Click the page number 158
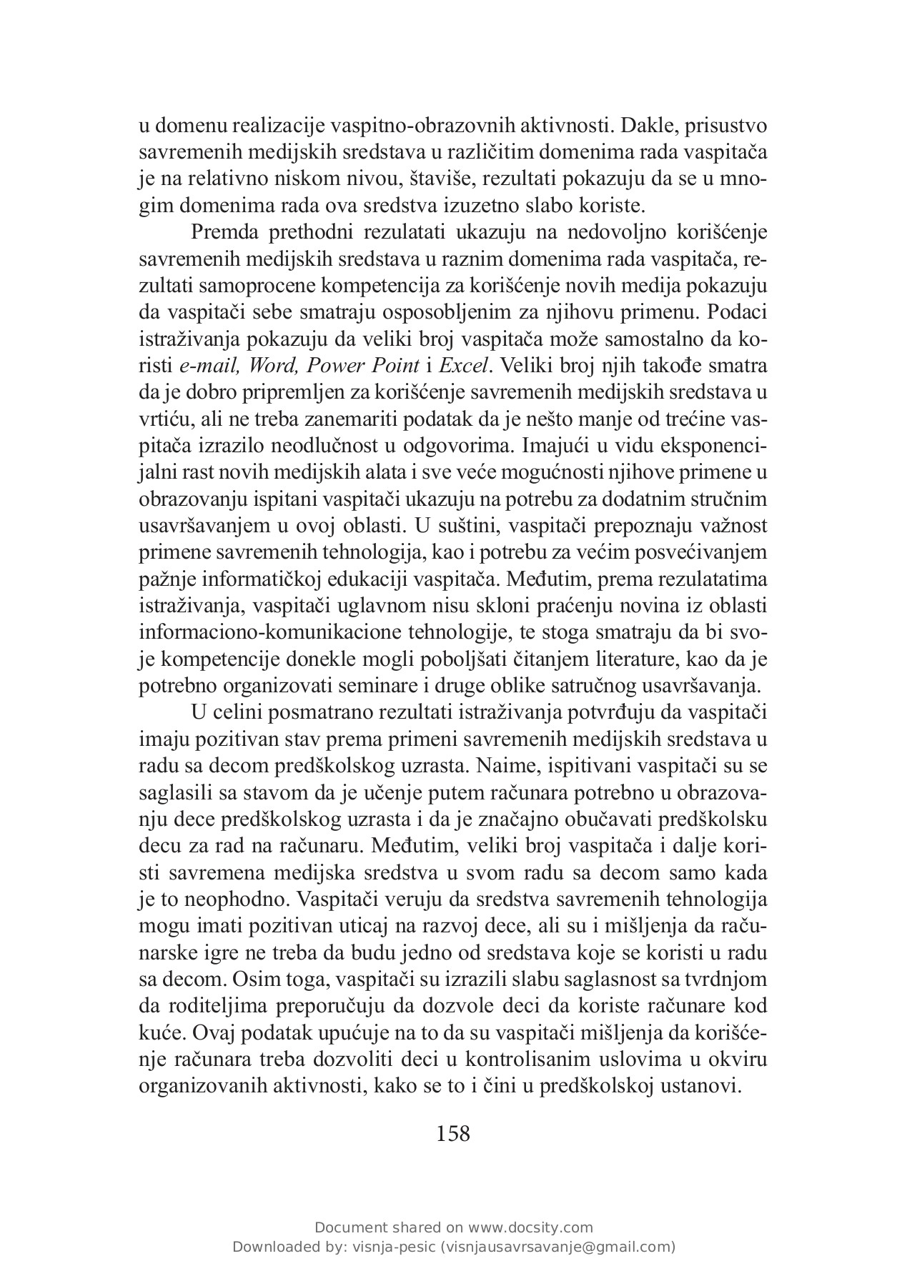tap(453, 1133)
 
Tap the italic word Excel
tap(465, 367)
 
